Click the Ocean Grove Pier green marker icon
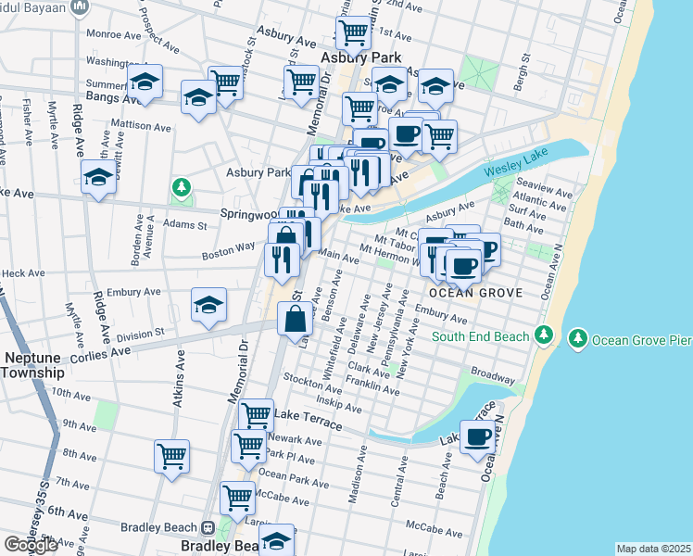[x=580, y=335]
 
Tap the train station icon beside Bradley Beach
[x=208, y=527]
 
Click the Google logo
[x=31, y=544]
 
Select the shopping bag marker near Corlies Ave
[x=295, y=320]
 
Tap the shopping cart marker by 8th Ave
[x=172, y=456]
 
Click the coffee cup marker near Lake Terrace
[x=478, y=437]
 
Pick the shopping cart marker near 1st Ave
[x=353, y=32]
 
